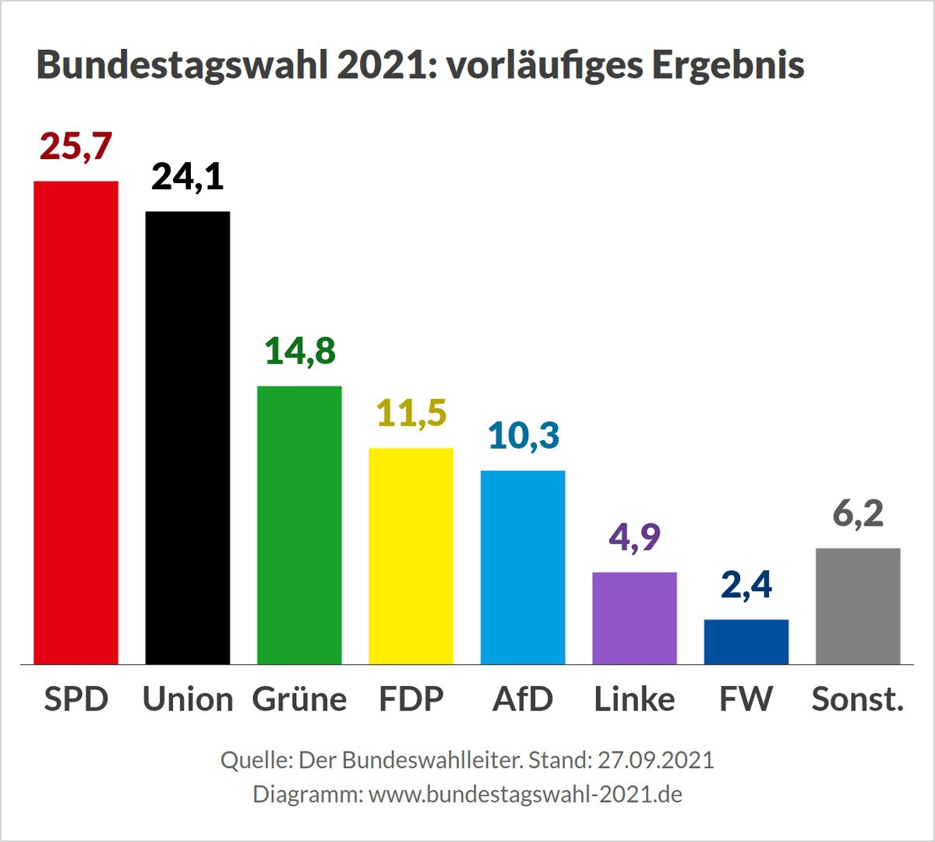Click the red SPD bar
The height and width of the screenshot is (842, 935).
point(76,422)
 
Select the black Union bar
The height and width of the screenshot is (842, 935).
point(188,438)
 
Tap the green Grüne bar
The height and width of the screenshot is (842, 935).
point(299,525)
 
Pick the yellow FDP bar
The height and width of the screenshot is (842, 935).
point(411,556)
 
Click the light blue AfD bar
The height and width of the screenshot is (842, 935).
point(523,567)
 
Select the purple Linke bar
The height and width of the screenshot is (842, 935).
point(634,618)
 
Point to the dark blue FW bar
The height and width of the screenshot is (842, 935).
point(746,642)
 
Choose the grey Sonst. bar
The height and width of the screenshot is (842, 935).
point(858,606)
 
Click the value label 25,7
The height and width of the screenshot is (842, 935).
point(76,146)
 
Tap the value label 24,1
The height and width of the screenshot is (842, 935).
point(188,177)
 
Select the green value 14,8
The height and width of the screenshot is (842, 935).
point(300,351)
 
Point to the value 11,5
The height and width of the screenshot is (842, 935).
point(411,414)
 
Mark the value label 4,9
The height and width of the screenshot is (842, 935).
point(634,537)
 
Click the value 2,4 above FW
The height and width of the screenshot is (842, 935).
point(746,585)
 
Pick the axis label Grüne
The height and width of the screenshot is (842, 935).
point(299,699)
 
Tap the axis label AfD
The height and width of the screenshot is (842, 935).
point(523,699)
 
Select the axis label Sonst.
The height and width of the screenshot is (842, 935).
point(858,699)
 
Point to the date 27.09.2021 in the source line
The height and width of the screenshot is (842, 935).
point(655,759)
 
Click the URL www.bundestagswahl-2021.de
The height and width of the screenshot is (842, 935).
point(525,794)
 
